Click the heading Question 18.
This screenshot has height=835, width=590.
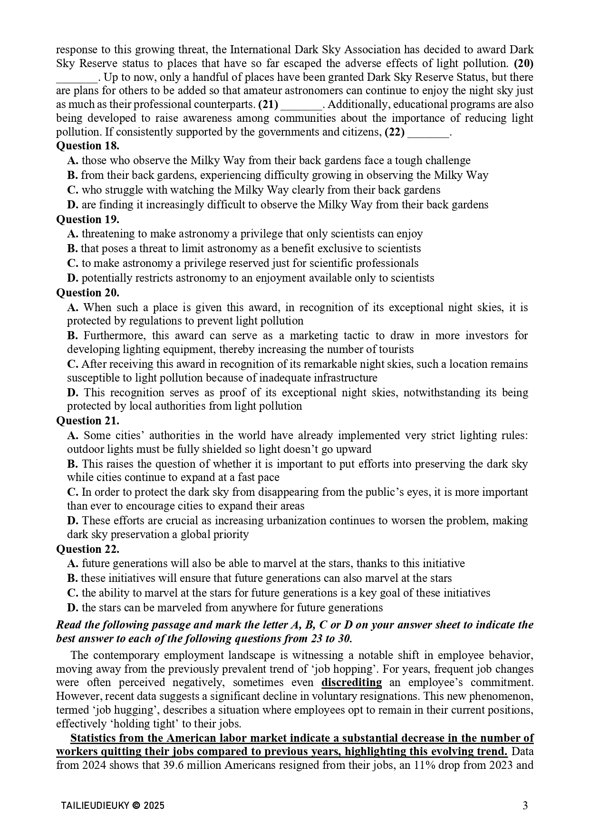point(87,146)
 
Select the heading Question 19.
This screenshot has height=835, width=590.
point(87,219)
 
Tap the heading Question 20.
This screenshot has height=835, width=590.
point(87,293)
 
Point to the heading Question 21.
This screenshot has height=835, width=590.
point(87,421)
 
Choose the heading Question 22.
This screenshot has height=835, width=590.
point(87,549)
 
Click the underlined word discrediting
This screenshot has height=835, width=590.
point(351,683)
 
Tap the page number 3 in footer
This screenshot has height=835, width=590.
point(525,806)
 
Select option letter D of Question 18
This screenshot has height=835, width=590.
point(73,205)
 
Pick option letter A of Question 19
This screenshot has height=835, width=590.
point(73,234)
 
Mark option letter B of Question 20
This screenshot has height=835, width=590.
point(73,336)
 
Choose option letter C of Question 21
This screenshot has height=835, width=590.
point(73,492)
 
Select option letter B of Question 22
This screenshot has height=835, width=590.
point(72,579)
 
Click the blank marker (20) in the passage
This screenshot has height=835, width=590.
point(524,63)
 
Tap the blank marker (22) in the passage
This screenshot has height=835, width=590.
point(394,132)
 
